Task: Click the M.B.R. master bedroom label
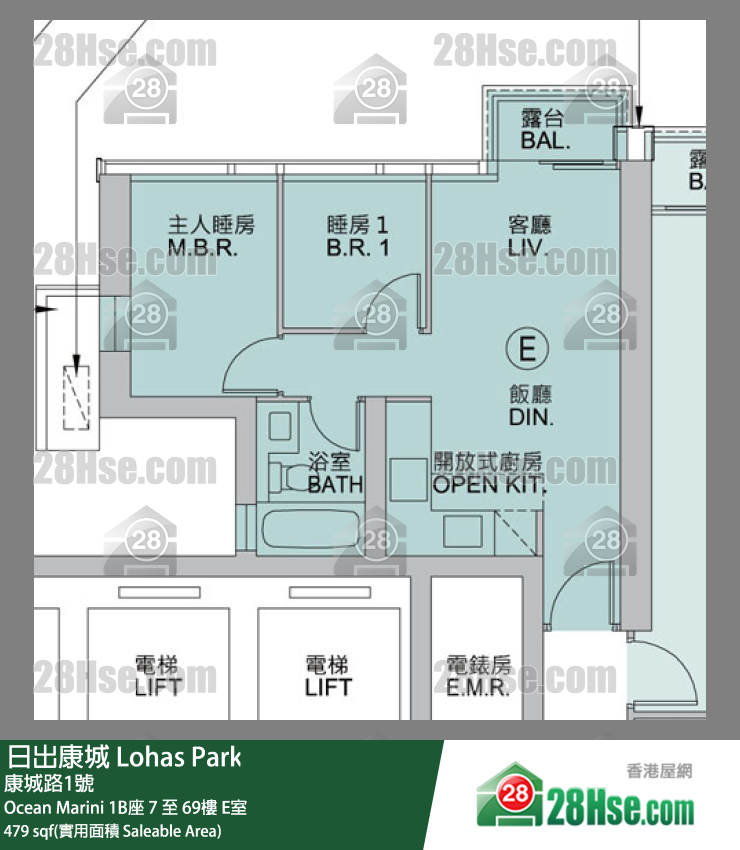tap(203, 248)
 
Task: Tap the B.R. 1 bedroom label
tap(358, 248)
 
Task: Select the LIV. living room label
tap(528, 248)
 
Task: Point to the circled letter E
tap(527, 349)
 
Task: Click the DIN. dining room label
tap(531, 417)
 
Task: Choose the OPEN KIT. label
tap(489, 485)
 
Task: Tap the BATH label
tap(336, 484)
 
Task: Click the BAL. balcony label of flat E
tap(545, 140)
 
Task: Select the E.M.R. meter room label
tap(478, 687)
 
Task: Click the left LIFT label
tap(158, 687)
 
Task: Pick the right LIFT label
tap(328, 687)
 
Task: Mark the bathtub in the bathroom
tap(310, 529)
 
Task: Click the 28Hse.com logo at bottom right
tap(585, 796)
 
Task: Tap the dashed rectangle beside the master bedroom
tap(76, 398)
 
